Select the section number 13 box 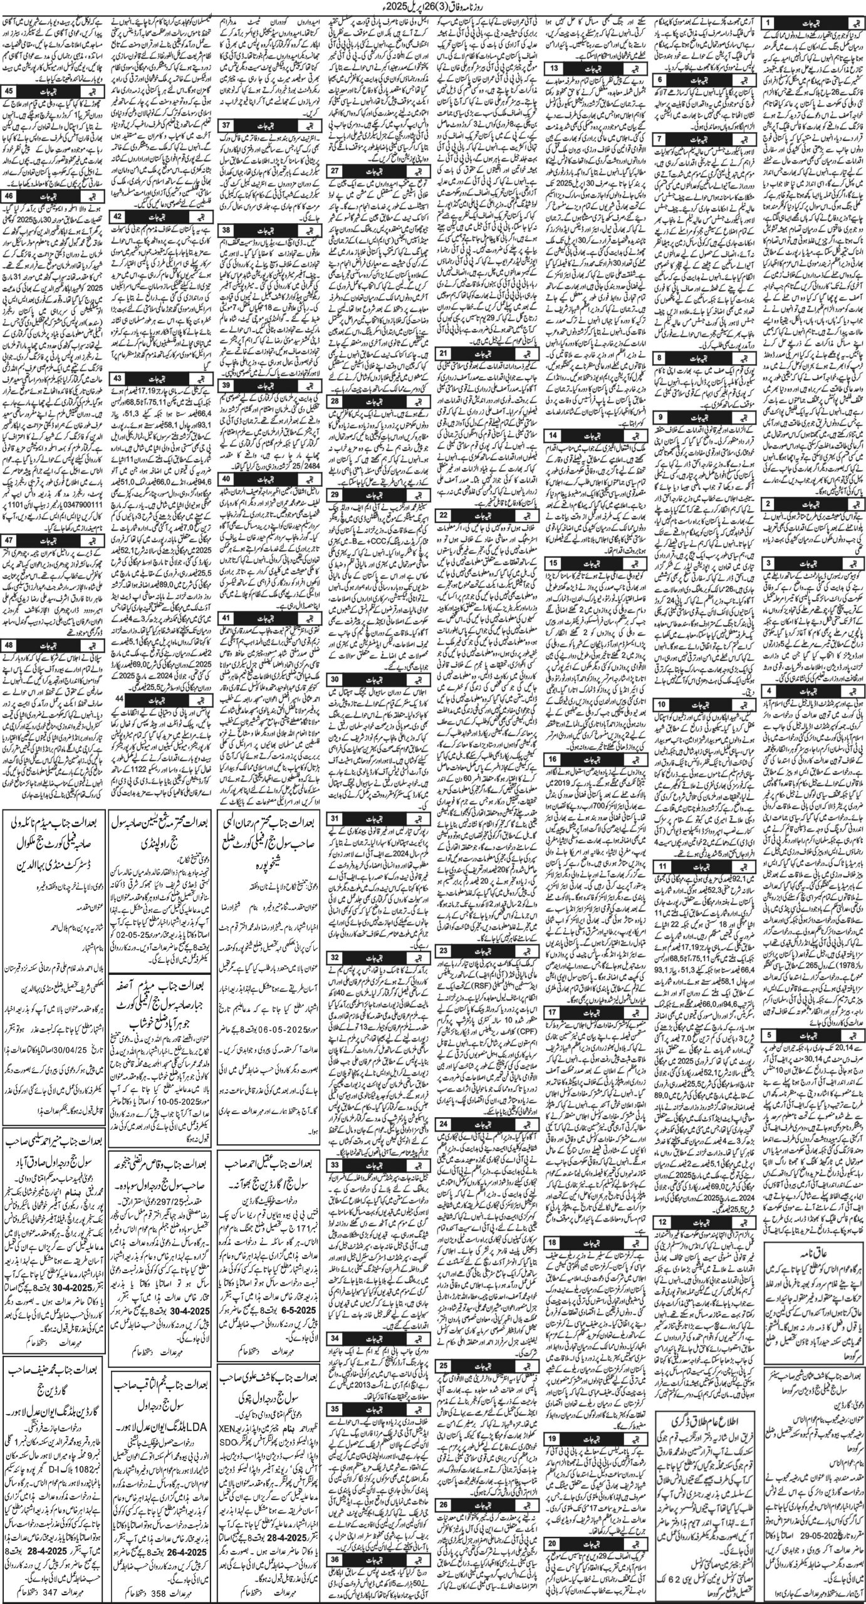(x=555, y=68)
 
